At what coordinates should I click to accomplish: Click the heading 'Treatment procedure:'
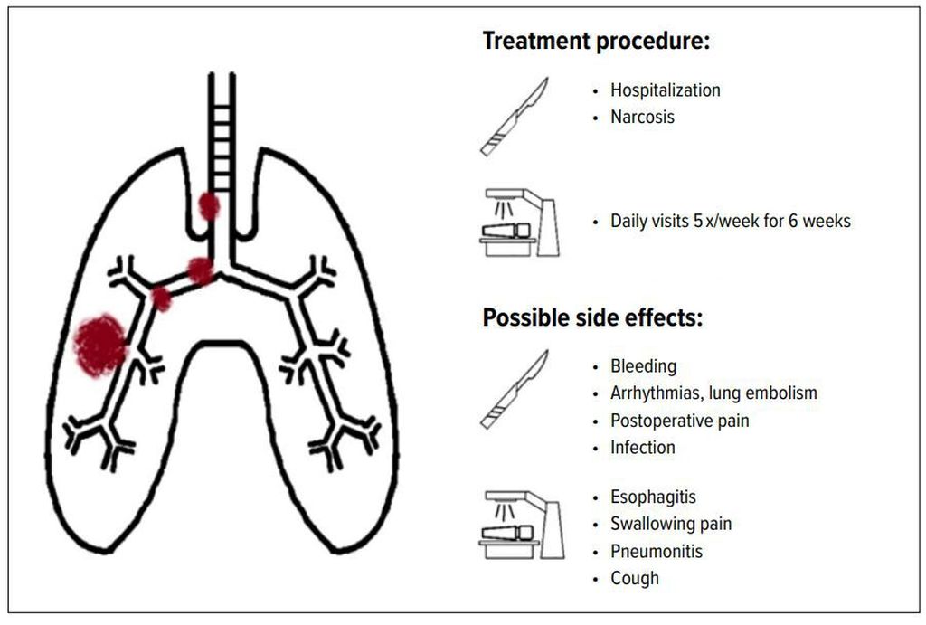click(x=596, y=42)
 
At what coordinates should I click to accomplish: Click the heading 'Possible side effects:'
click(x=593, y=317)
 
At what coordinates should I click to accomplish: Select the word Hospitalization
click(x=665, y=90)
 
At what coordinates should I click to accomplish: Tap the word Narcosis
click(x=642, y=117)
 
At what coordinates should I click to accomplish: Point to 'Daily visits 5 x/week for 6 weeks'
click(x=731, y=221)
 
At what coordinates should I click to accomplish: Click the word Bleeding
click(x=643, y=366)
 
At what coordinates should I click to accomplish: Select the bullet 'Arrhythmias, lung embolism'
click(x=713, y=393)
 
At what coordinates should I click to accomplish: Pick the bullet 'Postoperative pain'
click(x=680, y=421)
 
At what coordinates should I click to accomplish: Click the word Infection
click(x=643, y=448)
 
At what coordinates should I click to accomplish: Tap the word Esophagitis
click(x=653, y=497)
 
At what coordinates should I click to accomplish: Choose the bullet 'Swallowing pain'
click(x=671, y=524)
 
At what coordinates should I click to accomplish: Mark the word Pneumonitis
click(x=657, y=552)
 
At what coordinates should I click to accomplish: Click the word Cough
click(x=634, y=578)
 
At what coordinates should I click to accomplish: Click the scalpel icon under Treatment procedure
click(x=514, y=117)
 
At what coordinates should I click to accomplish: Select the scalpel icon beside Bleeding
click(x=514, y=389)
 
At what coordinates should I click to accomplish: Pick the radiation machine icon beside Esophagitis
click(x=522, y=525)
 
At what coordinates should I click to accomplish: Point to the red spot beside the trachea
click(x=209, y=206)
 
